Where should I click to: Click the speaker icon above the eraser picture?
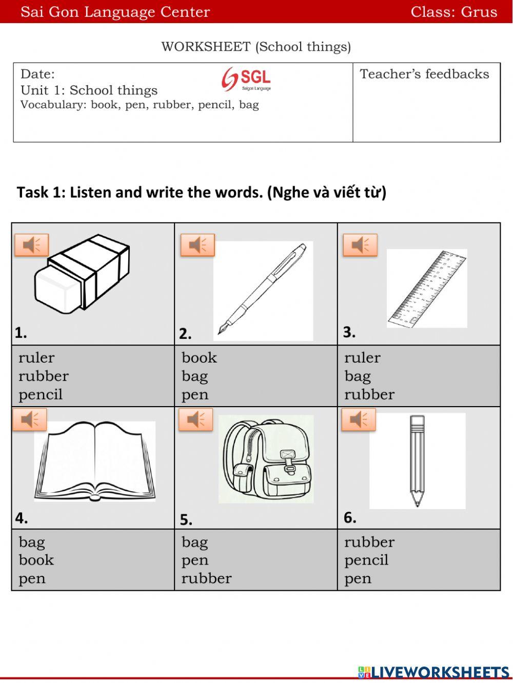pyautogui.click(x=32, y=245)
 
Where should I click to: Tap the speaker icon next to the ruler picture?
pyautogui.click(x=360, y=245)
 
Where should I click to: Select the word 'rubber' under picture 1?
pyautogui.click(x=44, y=376)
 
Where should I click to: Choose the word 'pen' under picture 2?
pyautogui.click(x=195, y=395)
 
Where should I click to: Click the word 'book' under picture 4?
pyautogui.click(x=36, y=560)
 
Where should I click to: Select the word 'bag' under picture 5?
pyautogui.click(x=194, y=542)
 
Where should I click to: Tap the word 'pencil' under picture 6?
pyautogui.click(x=366, y=560)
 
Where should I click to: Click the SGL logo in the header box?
pyautogui.click(x=247, y=79)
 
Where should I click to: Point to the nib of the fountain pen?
pyautogui.click(x=222, y=329)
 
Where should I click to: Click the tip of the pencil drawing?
pyautogui.click(x=417, y=504)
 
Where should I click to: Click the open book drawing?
pyautogui.click(x=95, y=461)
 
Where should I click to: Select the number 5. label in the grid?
pyautogui.click(x=186, y=520)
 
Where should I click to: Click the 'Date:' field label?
pyautogui.click(x=37, y=74)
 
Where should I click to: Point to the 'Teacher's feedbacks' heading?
pyautogui.click(x=424, y=74)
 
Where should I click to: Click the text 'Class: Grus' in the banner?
pyautogui.click(x=453, y=12)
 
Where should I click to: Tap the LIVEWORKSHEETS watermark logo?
pyautogui.click(x=433, y=672)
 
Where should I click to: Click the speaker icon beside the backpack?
pyautogui.click(x=195, y=420)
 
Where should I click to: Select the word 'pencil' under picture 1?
pyautogui.click(x=41, y=395)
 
